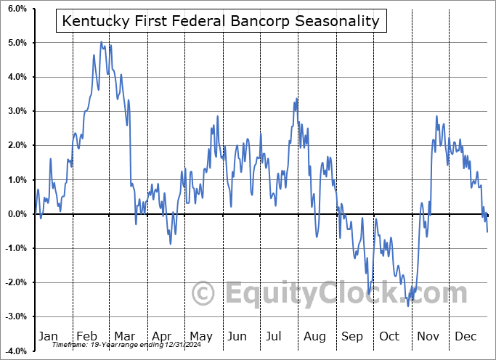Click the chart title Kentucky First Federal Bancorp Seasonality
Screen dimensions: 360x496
[221, 21]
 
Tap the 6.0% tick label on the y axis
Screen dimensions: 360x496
[16, 9]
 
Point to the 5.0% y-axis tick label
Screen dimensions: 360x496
[16, 43]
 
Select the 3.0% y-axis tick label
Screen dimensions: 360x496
[16, 111]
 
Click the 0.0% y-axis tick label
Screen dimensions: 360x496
[16, 214]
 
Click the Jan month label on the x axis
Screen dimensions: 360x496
[48, 336]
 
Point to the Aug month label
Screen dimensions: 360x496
[315, 336]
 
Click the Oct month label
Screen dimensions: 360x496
[389, 336]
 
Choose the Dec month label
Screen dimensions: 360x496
[465, 336]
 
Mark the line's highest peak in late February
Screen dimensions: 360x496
[101, 42]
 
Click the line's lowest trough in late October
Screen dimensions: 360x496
[407, 306]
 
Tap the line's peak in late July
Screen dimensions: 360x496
[296, 99]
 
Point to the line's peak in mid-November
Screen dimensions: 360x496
[436, 116]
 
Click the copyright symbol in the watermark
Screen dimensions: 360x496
[205, 293]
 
